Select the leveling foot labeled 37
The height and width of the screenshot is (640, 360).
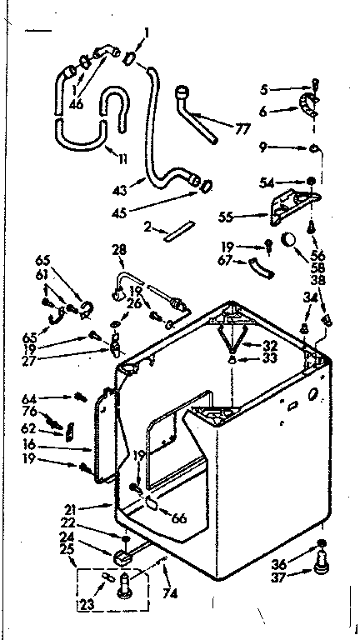(x=320, y=569)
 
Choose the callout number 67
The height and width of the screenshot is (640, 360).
(x=225, y=260)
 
